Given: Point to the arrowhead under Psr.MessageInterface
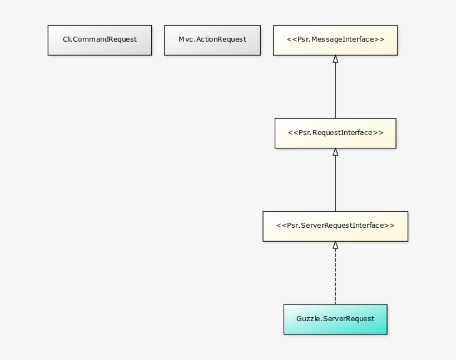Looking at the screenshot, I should pyautogui.click(x=335, y=59).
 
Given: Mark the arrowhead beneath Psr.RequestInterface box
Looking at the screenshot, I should pyautogui.click(x=335, y=152).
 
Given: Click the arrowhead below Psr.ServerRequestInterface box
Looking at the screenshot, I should pyautogui.click(x=335, y=245).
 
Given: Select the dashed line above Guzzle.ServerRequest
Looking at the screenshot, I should pyautogui.click(x=335, y=278).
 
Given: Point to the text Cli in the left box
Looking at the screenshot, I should pyautogui.click(x=67, y=39).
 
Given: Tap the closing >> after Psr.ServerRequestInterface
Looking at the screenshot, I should pyautogui.click(x=389, y=226).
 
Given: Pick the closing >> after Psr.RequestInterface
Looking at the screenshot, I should pyautogui.click(x=378, y=133).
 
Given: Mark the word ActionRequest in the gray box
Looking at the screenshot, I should pyautogui.click(x=221, y=39).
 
